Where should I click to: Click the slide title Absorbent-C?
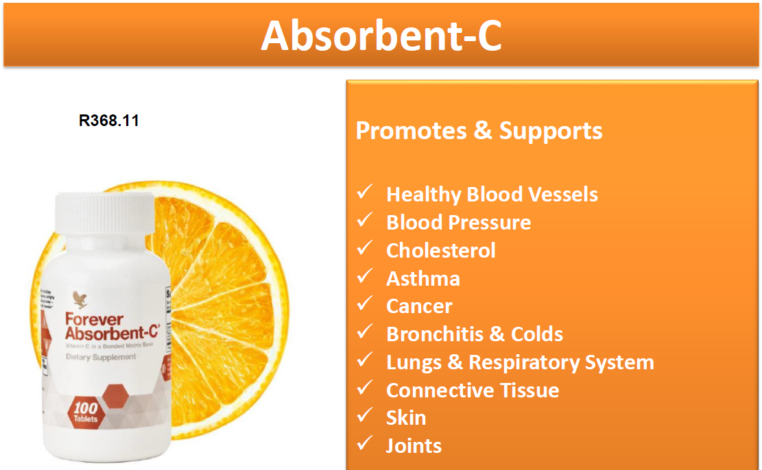click(381, 36)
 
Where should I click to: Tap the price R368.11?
click(109, 121)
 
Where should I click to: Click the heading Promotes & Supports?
click(479, 131)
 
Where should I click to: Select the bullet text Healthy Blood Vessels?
click(492, 195)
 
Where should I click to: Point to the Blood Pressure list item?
click(458, 223)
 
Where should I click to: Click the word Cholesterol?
click(440, 251)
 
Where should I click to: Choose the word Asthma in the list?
click(422, 279)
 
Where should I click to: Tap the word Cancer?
click(419, 306)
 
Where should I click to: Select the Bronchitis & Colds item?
click(475, 334)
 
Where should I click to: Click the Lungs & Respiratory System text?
click(520, 362)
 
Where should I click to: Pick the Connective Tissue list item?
click(473, 391)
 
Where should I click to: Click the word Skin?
click(406, 418)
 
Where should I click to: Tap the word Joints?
click(414, 446)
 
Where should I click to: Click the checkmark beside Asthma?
click(364, 277)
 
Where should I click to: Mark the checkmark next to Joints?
click(364, 444)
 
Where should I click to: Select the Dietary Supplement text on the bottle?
click(101, 357)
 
